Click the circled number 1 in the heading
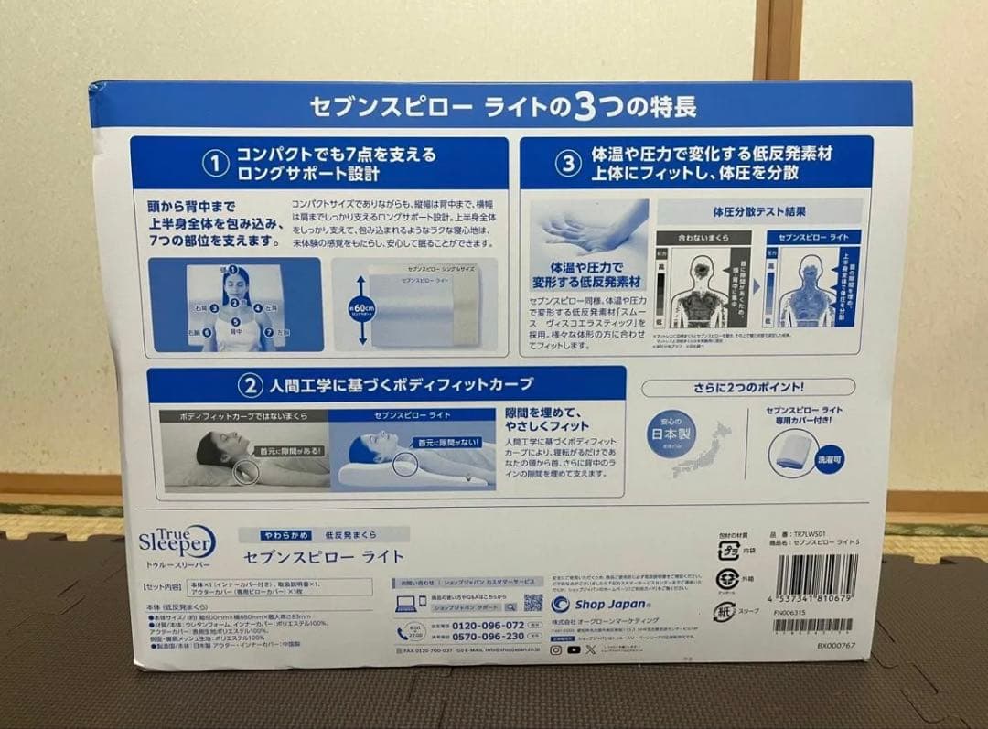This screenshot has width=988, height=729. [x=214, y=163]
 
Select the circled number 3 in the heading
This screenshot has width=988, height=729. [x=568, y=163]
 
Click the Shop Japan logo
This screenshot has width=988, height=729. [x=593, y=604]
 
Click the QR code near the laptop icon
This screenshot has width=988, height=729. [x=533, y=603]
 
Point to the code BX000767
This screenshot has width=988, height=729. [x=836, y=646]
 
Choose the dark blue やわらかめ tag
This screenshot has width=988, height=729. [x=276, y=534]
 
